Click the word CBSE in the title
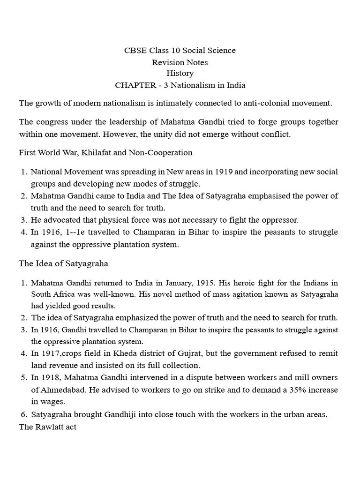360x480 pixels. pos(135,50)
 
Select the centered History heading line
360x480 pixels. pos(180,73)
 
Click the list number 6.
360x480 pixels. pos(23,414)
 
